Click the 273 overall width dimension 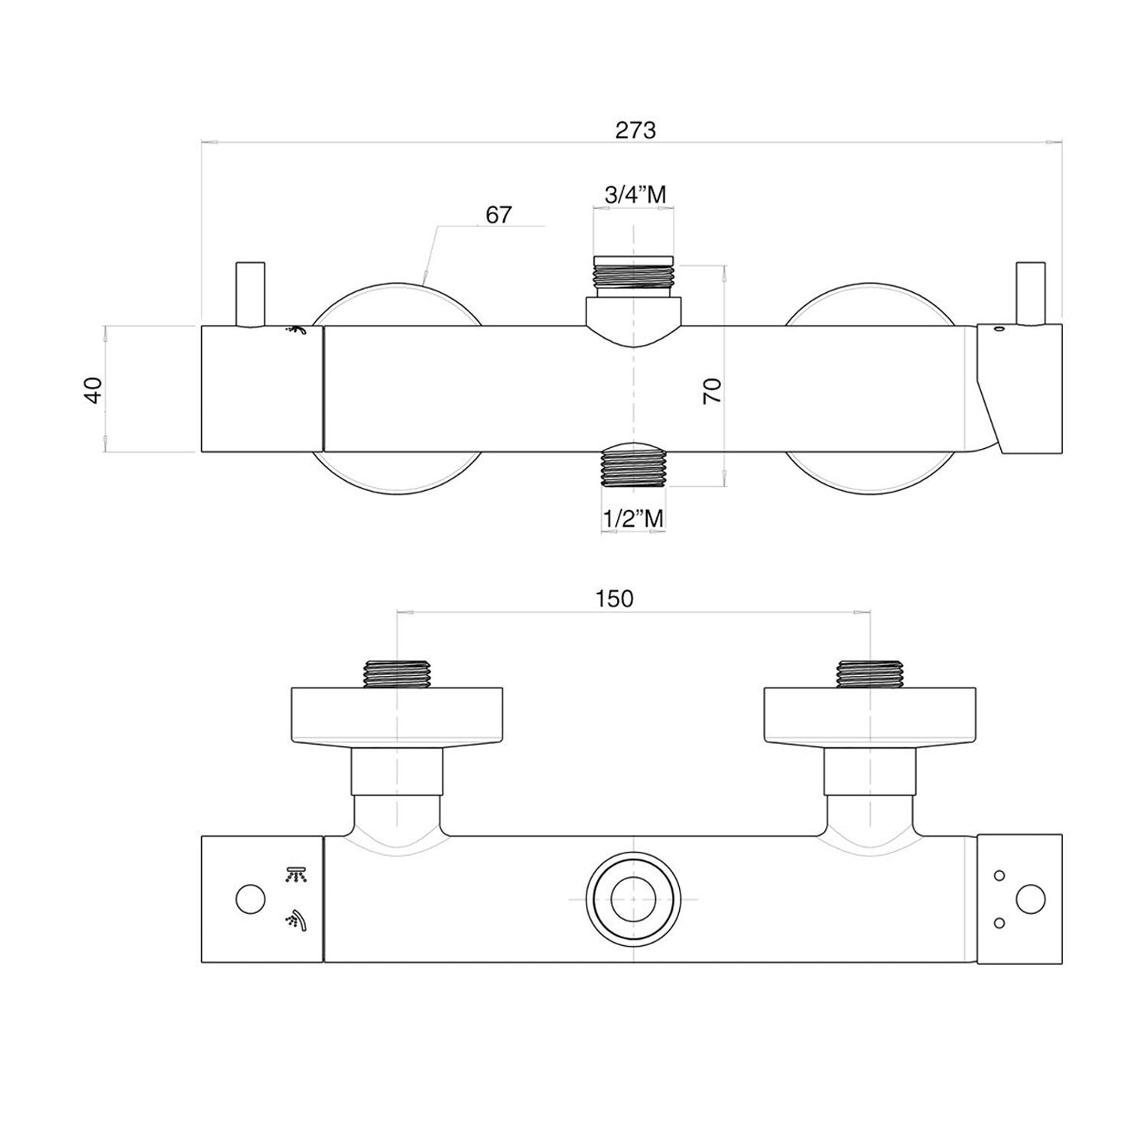[635, 130]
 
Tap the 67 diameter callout [499, 215]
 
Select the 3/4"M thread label [635, 194]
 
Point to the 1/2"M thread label [633, 518]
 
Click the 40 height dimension [93, 390]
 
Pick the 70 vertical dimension [712, 392]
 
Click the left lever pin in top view [250, 294]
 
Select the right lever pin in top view [1029, 294]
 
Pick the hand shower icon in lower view [296, 921]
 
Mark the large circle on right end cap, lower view [1031, 899]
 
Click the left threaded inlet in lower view [398, 674]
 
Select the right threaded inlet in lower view [871, 674]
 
